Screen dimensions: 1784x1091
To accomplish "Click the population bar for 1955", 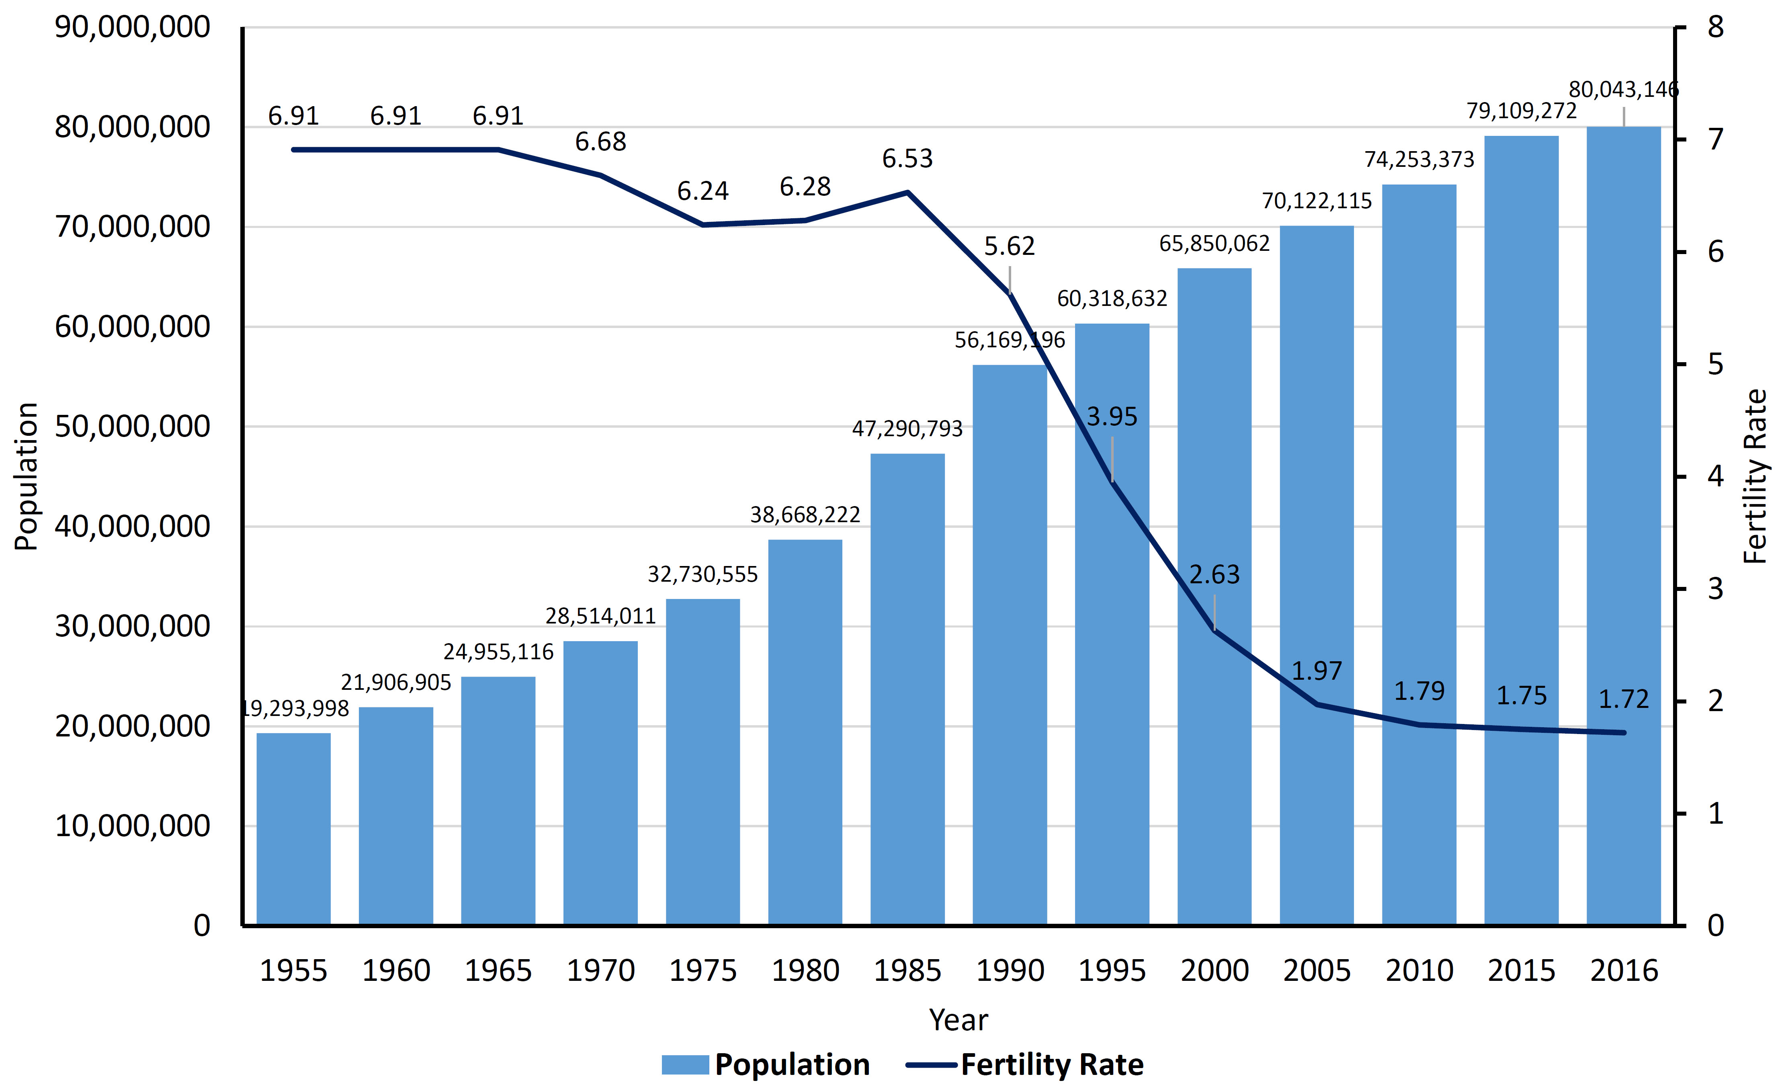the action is pyautogui.click(x=293, y=829).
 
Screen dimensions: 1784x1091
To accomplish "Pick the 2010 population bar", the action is pyautogui.click(x=1419, y=555).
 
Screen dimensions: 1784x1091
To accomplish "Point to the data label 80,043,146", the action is pyautogui.click(x=1623, y=90).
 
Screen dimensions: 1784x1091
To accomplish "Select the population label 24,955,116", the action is pyautogui.click(x=498, y=652).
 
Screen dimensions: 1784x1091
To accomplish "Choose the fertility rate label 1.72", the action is pyautogui.click(x=1623, y=699).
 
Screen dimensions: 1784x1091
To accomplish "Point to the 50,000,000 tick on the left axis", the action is pyautogui.click(x=133, y=426).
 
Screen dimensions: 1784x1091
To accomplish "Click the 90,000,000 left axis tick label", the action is pyautogui.click(x=133, y=27).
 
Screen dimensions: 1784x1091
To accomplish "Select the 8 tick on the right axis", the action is pyautogui.click(x=1716, y=27).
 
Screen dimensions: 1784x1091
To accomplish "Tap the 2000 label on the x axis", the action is pyautogui.click(x=1215, y=971).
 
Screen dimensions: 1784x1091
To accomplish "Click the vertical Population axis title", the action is pyautogui.click(x=26, y=477).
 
